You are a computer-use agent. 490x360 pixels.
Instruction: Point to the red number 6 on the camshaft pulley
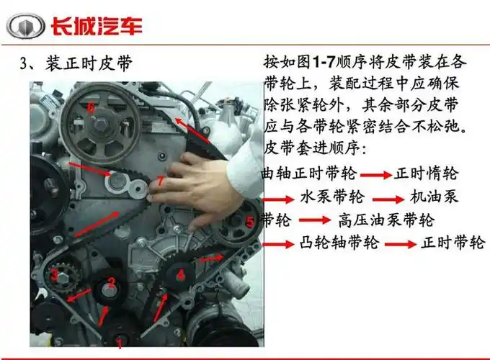(x=91, y=108)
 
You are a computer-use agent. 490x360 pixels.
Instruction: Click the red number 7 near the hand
(x=160, y=181)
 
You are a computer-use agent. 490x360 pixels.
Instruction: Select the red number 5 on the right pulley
(x=249, y=222)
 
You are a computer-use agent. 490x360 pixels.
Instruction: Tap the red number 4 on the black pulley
(x=181, y=274)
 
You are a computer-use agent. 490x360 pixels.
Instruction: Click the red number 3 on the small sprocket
(x=54, y=274)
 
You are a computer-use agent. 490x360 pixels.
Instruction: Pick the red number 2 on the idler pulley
(x=112, y=282)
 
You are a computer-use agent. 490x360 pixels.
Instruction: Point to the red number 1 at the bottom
(x=120, y=343)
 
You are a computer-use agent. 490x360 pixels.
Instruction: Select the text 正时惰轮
(x=427, y=174)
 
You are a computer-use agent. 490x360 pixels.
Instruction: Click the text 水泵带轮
(x=332, y=197)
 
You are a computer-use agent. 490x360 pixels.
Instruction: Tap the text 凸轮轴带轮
(x=339, y=243)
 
